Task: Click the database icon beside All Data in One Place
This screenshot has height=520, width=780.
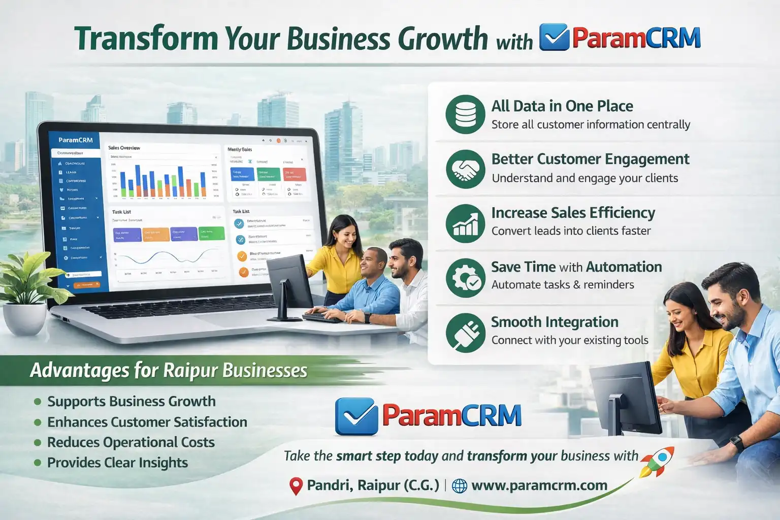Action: pos(465,114)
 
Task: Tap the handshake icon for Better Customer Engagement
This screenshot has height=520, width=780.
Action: pos(465,169)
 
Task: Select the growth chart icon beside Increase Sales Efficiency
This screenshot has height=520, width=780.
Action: pos(465,223)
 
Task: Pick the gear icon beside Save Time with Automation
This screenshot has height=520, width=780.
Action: pos(465,278)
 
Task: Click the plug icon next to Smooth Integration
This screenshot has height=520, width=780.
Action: pos(465,333)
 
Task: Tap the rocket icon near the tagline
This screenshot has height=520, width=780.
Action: pos(658,461)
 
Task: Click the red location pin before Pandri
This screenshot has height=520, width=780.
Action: pos(296,486)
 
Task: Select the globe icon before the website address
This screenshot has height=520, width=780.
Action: pos(459,486)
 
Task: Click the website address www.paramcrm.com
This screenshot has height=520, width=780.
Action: pos(539,485)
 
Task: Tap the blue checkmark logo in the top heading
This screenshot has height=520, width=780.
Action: pos(554,37)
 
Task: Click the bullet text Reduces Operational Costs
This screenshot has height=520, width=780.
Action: pos(131,442)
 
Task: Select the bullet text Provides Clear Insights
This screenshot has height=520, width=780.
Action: pos(117,463)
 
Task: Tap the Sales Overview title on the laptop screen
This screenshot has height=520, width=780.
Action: pos(124,148)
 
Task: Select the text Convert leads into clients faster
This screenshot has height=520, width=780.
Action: pos(571,231)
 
